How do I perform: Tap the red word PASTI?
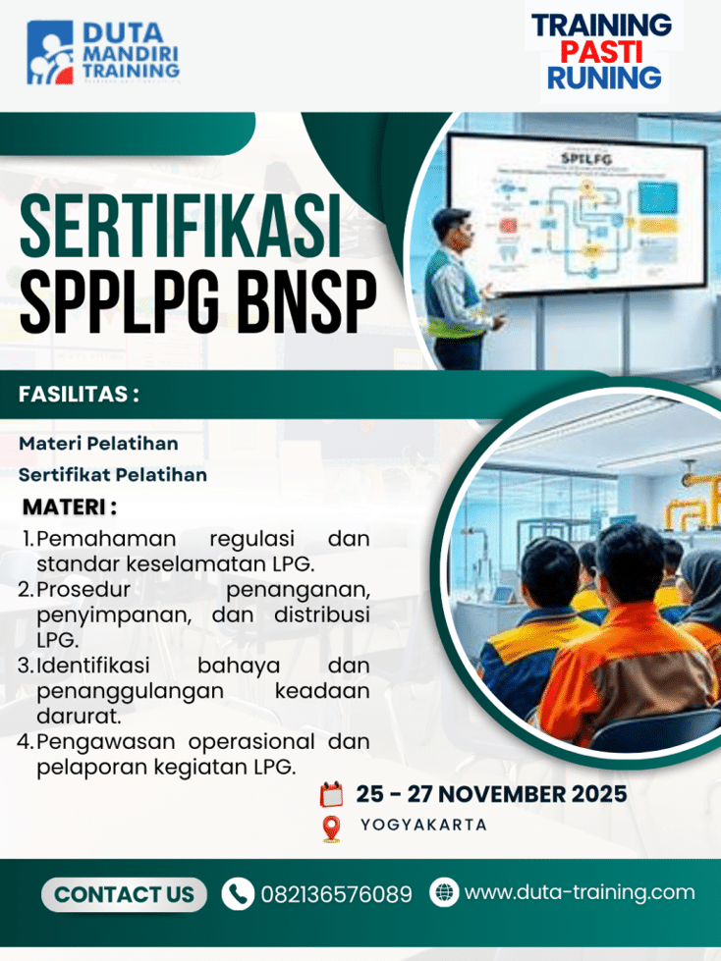click(x=604, y=51)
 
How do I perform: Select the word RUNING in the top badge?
click(x=604, y=78)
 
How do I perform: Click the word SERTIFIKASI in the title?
click(x=181, y=228)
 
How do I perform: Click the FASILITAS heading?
click(x=79, y=395)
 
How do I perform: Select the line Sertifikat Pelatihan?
click(x=113, y=474)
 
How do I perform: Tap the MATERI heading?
click(x=69, y=507)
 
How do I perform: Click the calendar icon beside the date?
click(x=331, y=794)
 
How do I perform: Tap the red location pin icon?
click(x=331, y=828)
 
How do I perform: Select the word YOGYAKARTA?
click(x=423, y=825)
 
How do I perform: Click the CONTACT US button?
click(x=124, y=894)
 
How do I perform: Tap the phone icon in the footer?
click(x=237, y=893)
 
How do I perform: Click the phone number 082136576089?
click(x=336, y=894)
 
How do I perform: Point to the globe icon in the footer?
click(x=444, y=892)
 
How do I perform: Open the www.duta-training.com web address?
click(x=579, y=892)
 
